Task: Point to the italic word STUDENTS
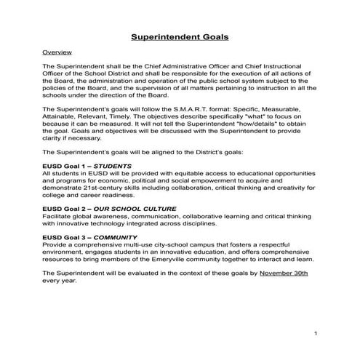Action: point(113,166)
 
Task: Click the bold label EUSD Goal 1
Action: point(63,166)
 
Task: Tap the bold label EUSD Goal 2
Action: point(63,208)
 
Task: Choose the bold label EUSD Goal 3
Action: point(63,237)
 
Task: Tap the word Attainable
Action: point(64,117)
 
